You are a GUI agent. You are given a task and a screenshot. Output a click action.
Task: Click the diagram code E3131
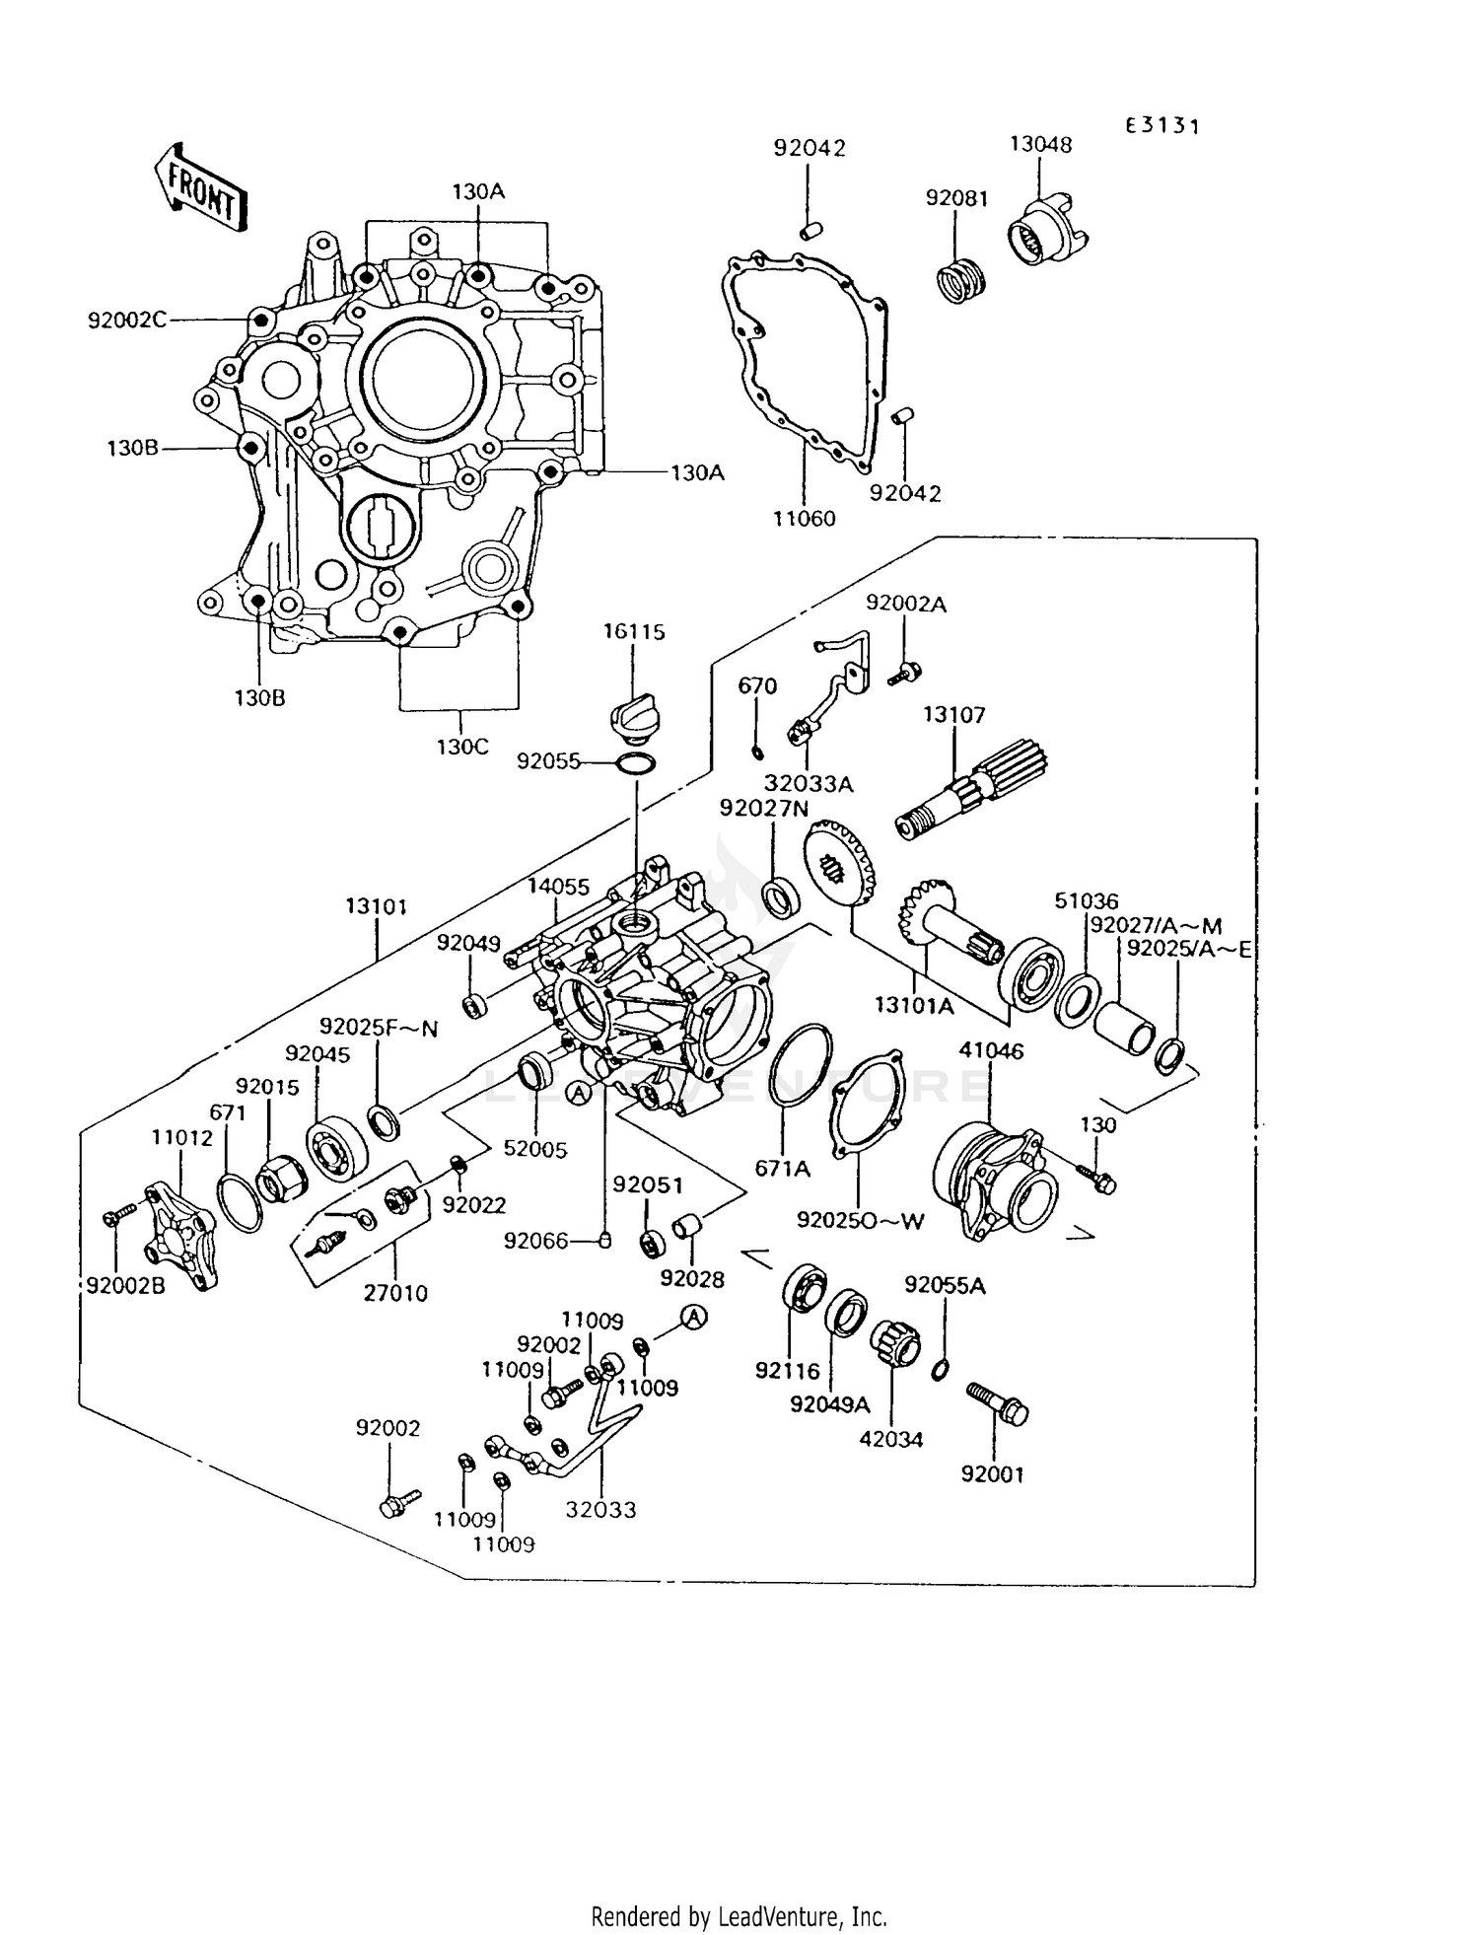coord(1163,125)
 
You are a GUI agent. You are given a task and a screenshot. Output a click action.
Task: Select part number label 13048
coord(1040,144)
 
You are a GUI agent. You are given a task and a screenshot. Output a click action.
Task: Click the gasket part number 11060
coord(804,518)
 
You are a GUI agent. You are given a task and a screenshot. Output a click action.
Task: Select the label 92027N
coord(764,808)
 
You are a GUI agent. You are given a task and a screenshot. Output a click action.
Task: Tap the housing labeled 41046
coord(990,1179)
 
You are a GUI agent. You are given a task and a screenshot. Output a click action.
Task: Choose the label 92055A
coord(945,1285)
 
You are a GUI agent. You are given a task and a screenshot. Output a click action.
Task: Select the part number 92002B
coord(125,1286)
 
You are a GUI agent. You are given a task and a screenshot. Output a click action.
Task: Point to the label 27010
coord(395,1293)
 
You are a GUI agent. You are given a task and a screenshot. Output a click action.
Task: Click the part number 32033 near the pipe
coord(600,1509)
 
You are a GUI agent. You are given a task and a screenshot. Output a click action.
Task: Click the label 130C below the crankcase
coord(462,747)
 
